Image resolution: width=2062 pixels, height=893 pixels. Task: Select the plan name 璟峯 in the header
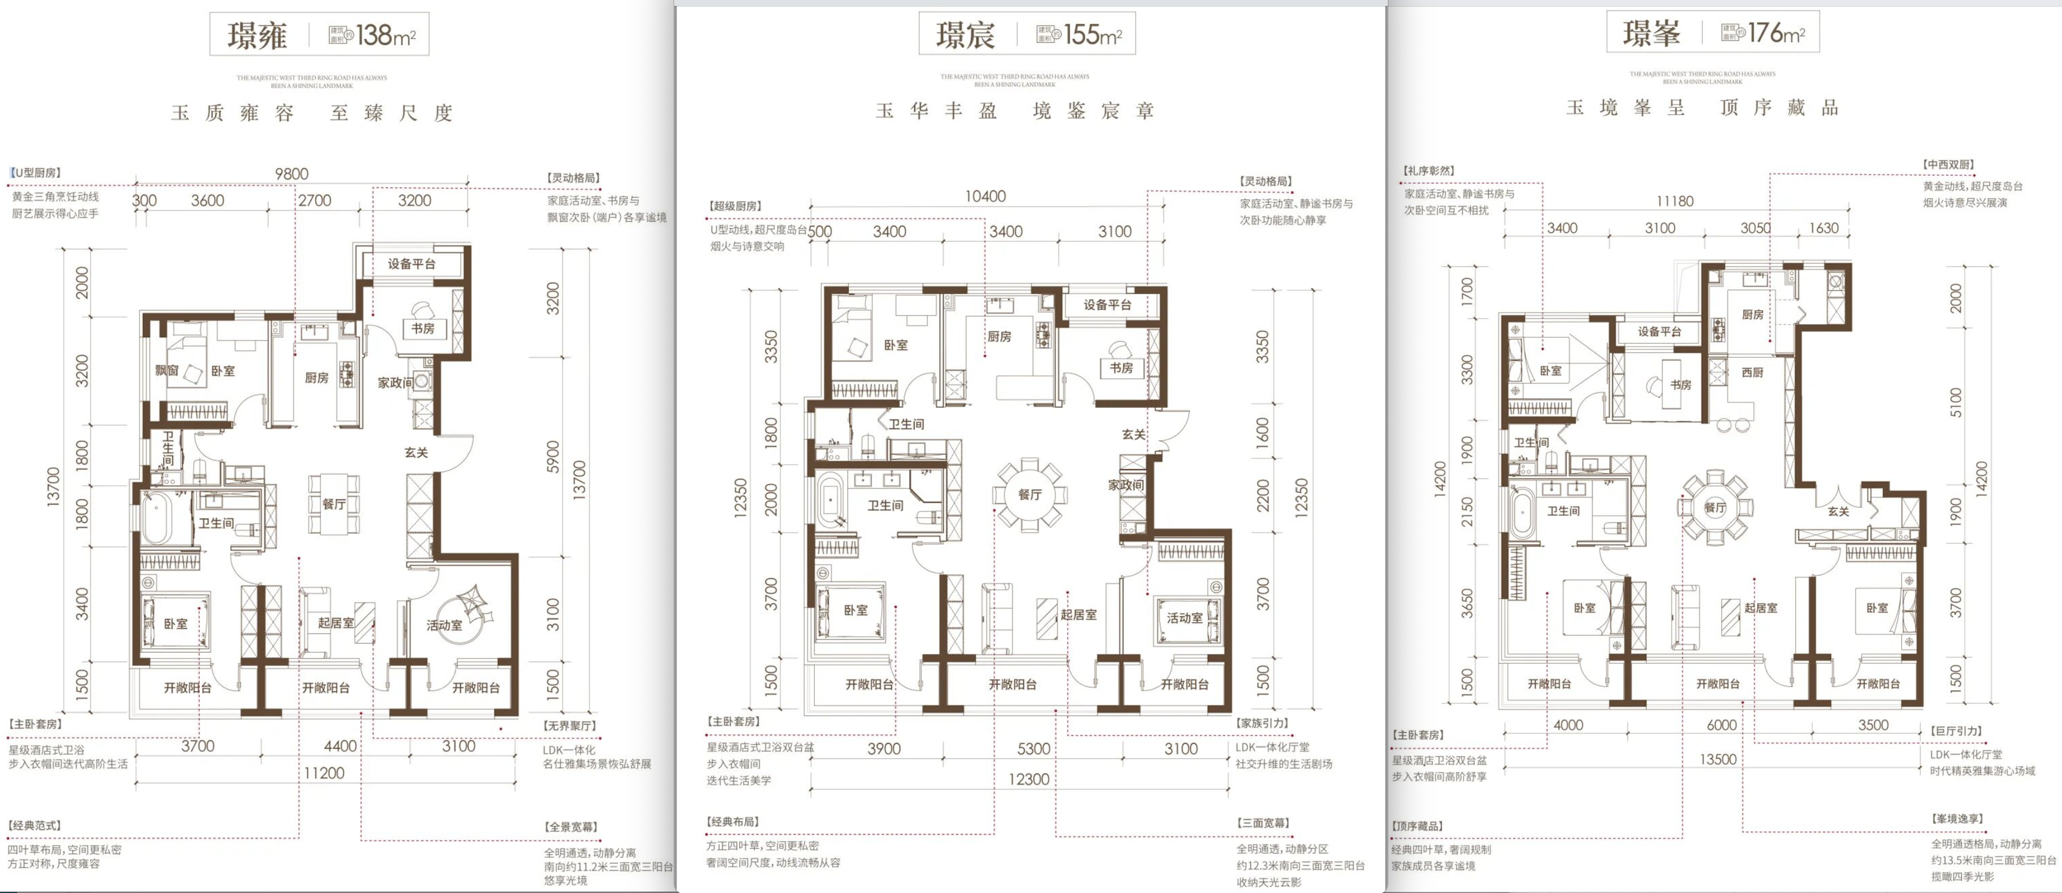click(x=1651, y=33)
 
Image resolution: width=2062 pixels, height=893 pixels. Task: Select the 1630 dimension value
click(x=1824, y=228)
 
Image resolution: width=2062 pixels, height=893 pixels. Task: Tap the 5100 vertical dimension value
click(x=1956, y=402)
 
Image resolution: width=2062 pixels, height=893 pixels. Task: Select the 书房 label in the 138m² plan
click(x=423, y=329)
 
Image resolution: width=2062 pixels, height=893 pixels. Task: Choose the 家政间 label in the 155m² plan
click(x=1125, y=485)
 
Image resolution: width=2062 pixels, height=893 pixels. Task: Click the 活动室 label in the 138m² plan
click(x=444, y=625)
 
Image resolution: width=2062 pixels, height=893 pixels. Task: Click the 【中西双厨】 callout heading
click(x=1948, y=165)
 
